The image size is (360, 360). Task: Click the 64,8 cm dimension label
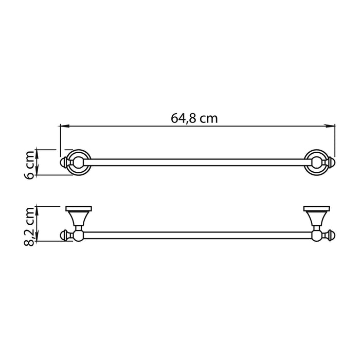point(194,118)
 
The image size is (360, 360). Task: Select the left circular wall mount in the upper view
point(79,163)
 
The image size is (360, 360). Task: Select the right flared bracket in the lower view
point(315,220)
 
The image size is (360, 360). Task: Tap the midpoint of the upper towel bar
point(198,163)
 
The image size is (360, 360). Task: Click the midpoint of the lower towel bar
point(198,236)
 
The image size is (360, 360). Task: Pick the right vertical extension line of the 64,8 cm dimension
point(335,139)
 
